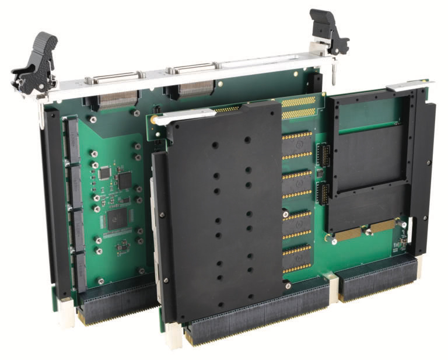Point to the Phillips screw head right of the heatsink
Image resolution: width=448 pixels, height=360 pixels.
tap(288, 286)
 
